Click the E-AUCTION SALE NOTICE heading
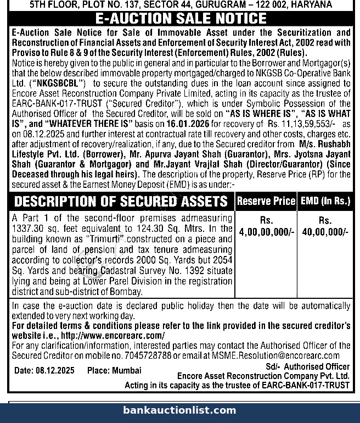(x=181, y=19)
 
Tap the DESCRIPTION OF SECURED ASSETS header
(x=121, y=202)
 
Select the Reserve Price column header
(x=266, y=201)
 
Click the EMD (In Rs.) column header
(x=325, y=201)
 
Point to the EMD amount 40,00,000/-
(x=325, y=232)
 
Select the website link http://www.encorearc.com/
(x=113, y=335)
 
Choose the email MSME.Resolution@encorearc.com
(x=274, y=355)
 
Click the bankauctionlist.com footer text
(x=180, y=410)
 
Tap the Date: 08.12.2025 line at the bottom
(x=46, y=370)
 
